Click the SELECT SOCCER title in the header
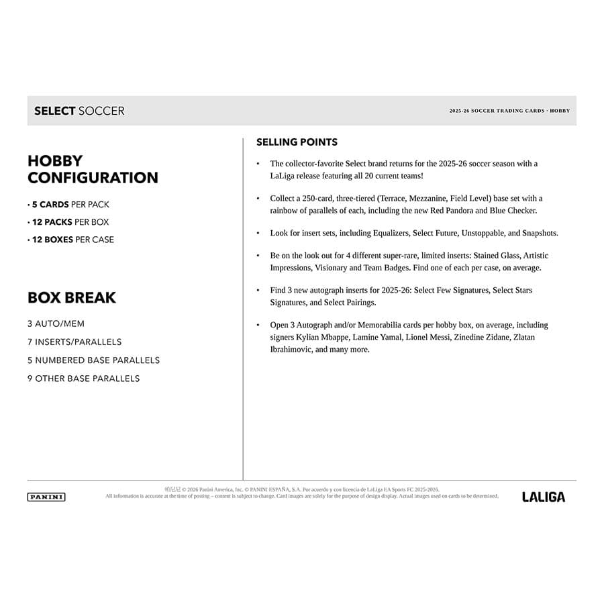coord(79,111)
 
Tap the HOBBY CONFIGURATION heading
coord(93,169)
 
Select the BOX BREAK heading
coord(71,297)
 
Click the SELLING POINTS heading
coord(297,142)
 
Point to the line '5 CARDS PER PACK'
coord(68,205)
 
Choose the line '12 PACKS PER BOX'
coord(68,222)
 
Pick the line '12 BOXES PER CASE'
coord(71,240)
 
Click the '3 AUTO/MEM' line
coord(56,323)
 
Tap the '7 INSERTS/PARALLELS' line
coord(74,342)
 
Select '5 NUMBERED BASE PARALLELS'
coord(93,360)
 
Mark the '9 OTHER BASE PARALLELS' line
coord(83,379)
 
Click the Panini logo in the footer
coord(46,497)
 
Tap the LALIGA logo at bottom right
coord(544,497)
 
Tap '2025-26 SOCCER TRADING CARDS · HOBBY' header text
coord(509,111)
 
